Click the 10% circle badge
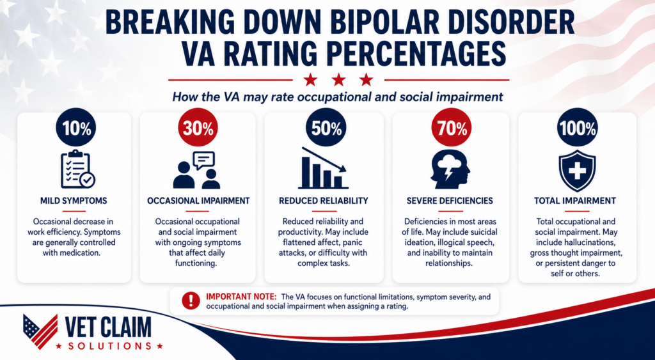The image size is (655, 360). point(75,127)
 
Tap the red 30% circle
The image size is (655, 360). point(198,127)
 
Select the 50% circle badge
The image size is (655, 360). point(326,127)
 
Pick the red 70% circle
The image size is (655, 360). point(451,127)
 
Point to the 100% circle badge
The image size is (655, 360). point(578,127)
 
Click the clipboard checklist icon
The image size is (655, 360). point(77,169)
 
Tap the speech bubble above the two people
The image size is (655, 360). point(204,160)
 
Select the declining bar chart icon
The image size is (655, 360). point(323,168)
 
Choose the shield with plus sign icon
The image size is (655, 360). point(578,170)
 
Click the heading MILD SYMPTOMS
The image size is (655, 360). point(74,201)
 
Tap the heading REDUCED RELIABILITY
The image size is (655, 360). point(324,201)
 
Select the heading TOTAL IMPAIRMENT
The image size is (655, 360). point(575,201)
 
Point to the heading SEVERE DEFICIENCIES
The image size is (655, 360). point(450,201)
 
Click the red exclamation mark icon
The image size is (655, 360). point(191,301)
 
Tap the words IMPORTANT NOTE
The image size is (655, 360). point(241,297)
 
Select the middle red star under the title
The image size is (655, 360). point(338,79)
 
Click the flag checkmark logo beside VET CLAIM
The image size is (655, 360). point(40,331)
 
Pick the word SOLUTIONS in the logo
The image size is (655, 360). point(110,346)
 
